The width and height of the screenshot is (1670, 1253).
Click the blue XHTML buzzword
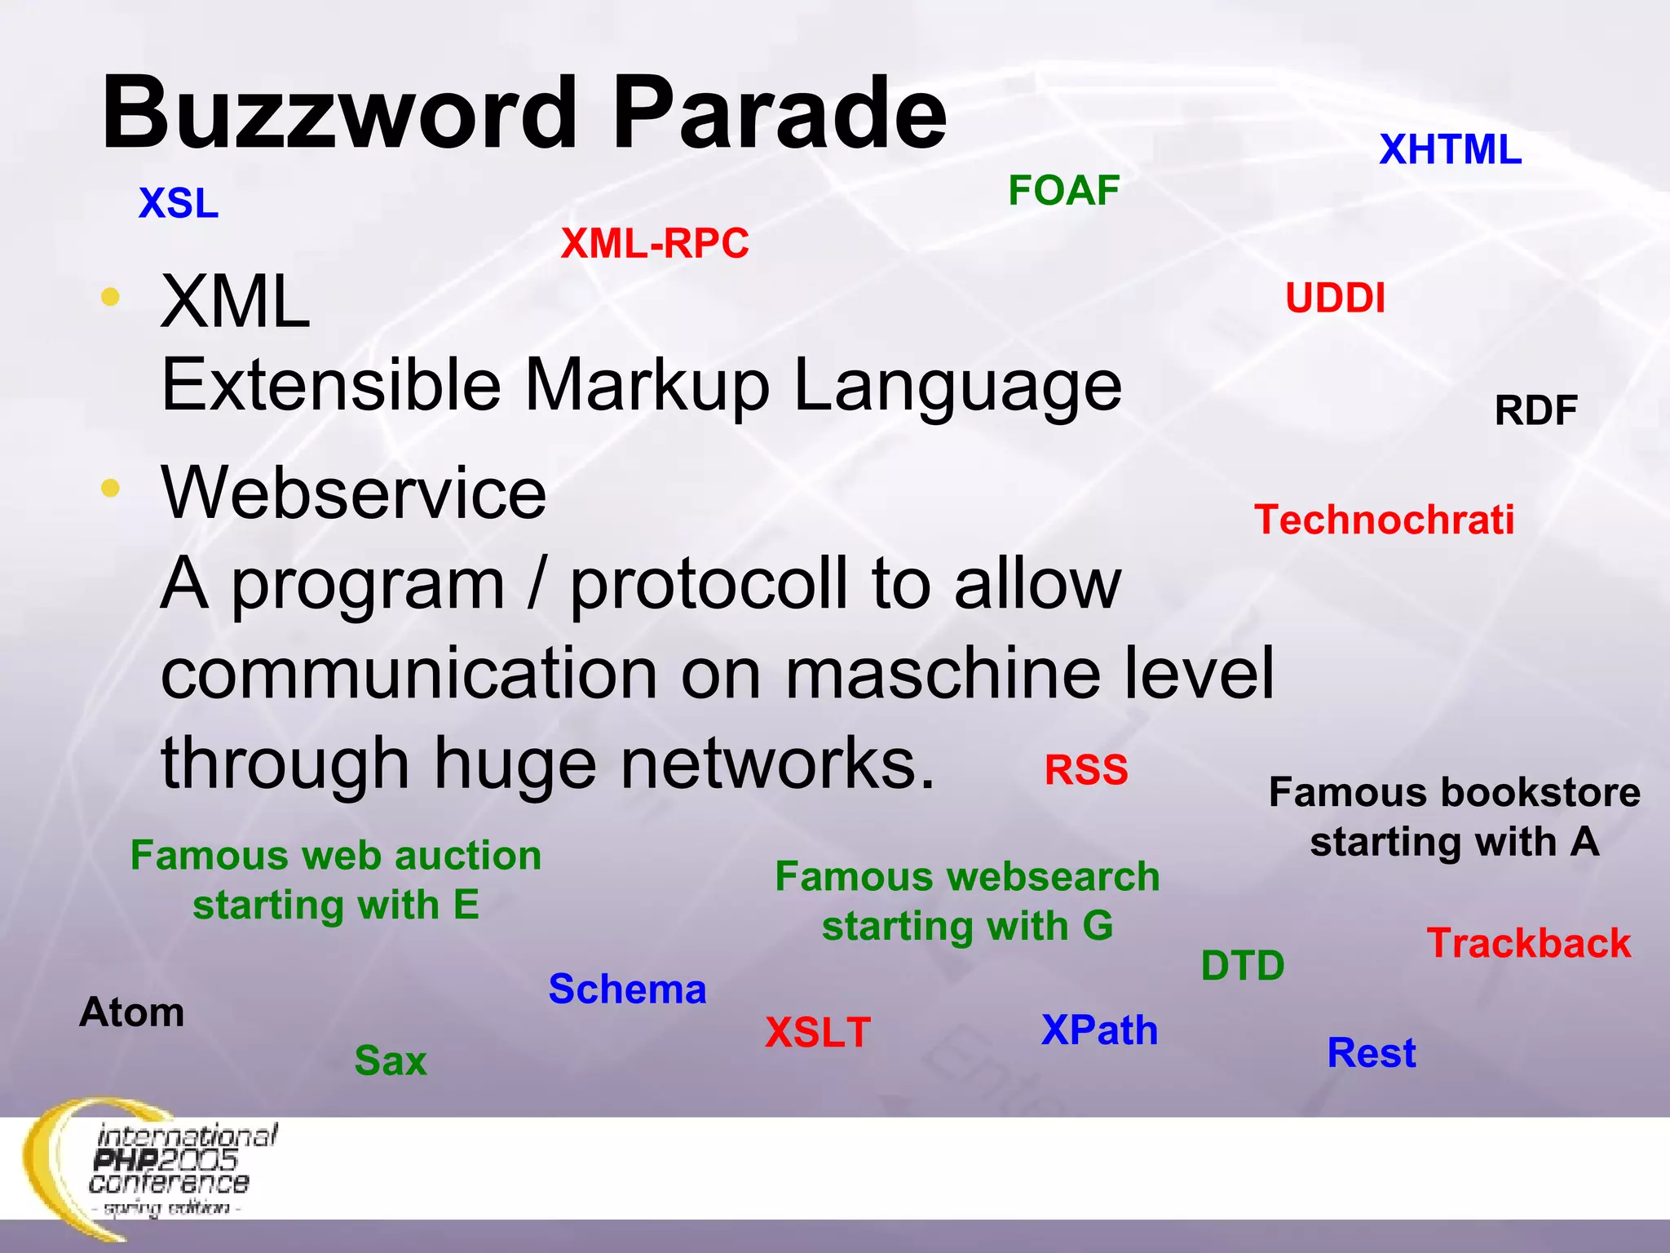pos(1450,150)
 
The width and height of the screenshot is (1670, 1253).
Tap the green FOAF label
pos(1063,191)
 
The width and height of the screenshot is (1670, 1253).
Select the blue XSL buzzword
pos(179,203)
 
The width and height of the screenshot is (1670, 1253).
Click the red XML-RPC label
pos(655,244)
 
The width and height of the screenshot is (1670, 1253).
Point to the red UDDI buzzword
pos(1335,299)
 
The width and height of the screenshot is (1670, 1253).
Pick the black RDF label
pos(1535,410)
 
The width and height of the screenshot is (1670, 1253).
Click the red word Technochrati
pos(1384,520)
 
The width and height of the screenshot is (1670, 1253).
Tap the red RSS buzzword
pos(1086,770)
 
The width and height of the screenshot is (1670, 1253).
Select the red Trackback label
pos(1529,944)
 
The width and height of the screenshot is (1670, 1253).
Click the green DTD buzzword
pos(1243,967)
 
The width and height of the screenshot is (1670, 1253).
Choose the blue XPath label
pos(1099,1030)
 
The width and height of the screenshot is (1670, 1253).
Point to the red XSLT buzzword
pos(818,1033)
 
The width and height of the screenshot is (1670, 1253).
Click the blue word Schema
pos(627,990)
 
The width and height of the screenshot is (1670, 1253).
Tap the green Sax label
pos(391,1061)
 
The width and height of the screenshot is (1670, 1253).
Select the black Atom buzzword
pos(132,1013)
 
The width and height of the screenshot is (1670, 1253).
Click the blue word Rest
pos(1372,1053)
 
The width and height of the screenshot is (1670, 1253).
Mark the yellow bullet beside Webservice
pos(111,489)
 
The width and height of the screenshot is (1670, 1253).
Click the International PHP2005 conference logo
pos(155,1167)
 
